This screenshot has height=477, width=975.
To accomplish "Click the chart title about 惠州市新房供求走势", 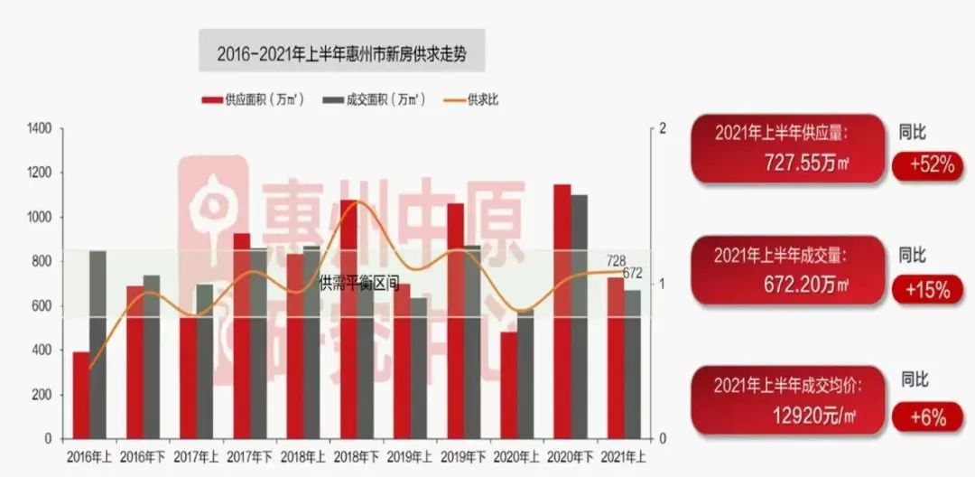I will click(342, 52).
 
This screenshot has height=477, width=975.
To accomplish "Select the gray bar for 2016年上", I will click(97, 344).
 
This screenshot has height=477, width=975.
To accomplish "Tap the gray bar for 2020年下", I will click(579, 316).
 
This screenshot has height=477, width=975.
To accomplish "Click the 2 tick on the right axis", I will click(663, 128).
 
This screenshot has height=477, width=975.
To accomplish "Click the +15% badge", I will click(924, 290).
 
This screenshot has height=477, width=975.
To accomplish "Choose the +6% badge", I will click(924, 417).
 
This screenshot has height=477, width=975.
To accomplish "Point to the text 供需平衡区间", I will click(359, 284).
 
